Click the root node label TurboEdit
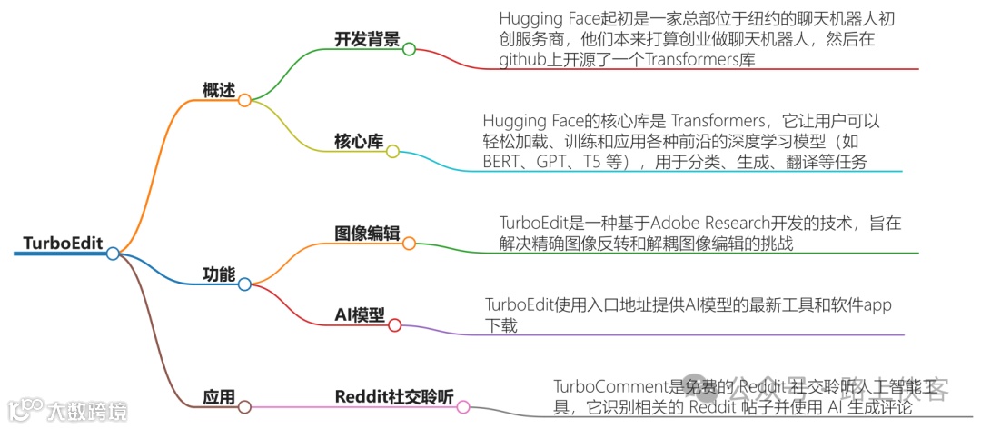(x=62, y=244)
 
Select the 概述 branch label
(x=218, y=91)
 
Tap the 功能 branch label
(x=218, y=274)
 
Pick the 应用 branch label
(x=218, y=398)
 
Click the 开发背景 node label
(x=367, y=39)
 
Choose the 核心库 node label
(x=358, y=142)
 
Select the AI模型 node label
(x=358, y=314)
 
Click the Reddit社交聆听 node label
(x=392, y=398)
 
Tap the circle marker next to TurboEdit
(x=113, y=254)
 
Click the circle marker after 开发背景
(x=409, y=49)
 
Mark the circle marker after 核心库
(x=392, y=152)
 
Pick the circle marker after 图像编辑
(x=409, y=244)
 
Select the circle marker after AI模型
(x=393, y=324)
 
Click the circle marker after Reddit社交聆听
(x=463, y=407)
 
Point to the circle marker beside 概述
(x=244, y=100)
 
